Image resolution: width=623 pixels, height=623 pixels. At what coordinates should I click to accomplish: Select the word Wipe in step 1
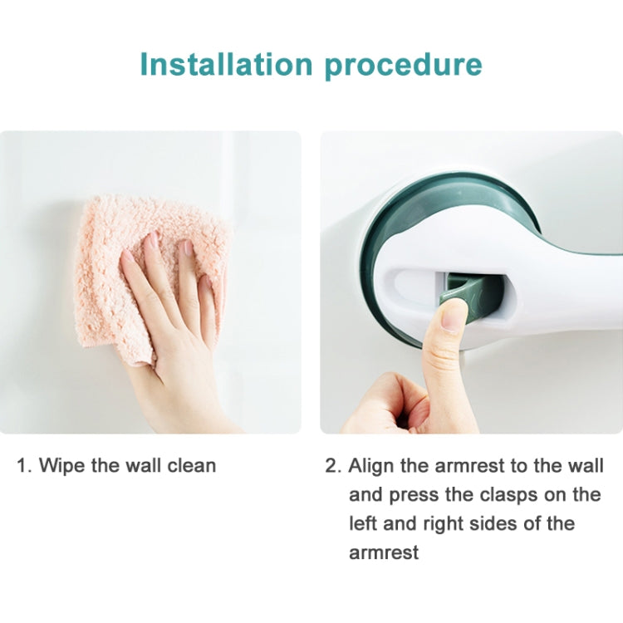pos(63,465)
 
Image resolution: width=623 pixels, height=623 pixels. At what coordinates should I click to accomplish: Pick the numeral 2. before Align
pos(332,465)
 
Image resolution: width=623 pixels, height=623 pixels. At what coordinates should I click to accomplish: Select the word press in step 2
pos(410,495)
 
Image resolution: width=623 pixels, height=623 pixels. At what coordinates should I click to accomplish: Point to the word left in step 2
pos(362,523)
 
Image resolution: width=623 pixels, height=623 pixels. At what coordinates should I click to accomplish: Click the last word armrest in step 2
pos(384,552)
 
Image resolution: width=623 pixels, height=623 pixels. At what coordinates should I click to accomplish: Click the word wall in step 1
pos(142,465)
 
